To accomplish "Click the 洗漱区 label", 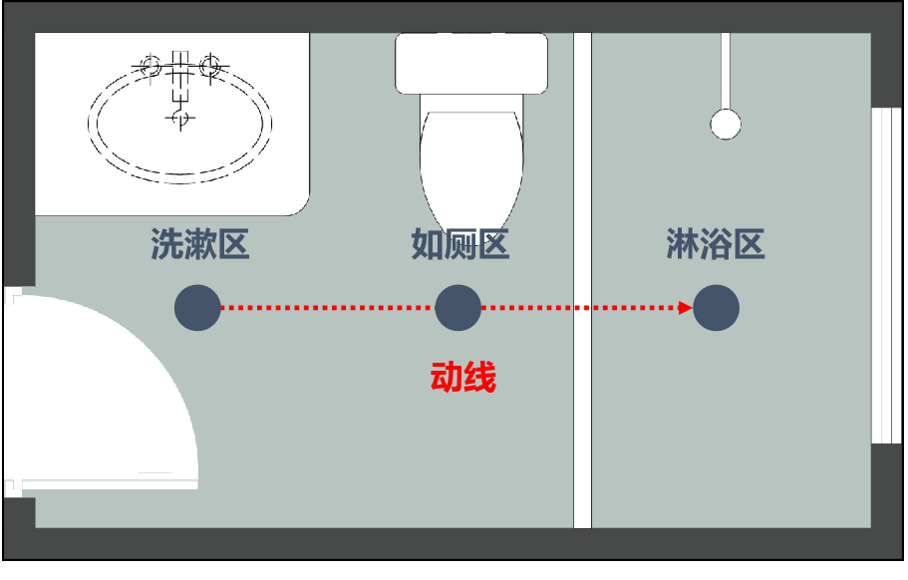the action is click(199, 244).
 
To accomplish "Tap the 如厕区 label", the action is click(460, 244).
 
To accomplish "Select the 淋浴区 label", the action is click(716, 244).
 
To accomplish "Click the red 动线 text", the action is click(463, 378).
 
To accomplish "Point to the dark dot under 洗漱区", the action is click(197, 308).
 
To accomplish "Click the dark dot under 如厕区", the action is click(458, 308).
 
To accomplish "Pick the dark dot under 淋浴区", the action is click(717, 308).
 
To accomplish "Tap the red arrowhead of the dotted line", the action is click(686, 308).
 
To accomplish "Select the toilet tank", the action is click(471, 63).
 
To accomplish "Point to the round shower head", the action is click(726, 125).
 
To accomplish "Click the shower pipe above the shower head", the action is click(726, 71).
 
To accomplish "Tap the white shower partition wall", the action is click(582, 280).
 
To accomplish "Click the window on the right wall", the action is click(887, 275).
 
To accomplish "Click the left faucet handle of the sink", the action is click(151, 66).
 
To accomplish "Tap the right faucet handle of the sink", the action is click(210, 66).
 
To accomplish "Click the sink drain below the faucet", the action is click(180, 118).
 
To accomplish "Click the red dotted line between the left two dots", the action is click(328, 308).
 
